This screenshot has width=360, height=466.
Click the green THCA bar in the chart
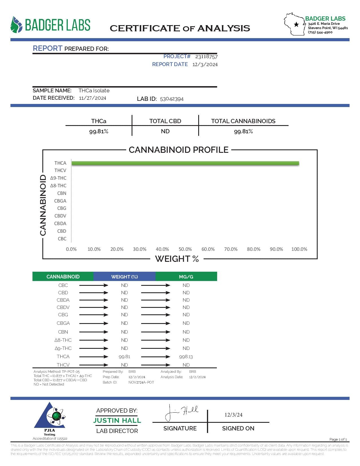click(x=185, y=163)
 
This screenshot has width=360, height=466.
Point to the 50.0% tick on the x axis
click(x=185, y=249)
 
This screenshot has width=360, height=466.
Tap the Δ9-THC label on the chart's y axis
click(x=58, y=178)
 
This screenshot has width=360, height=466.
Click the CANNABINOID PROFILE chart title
click(x=178, y=150)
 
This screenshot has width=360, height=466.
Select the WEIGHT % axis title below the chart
click(x=177, y=259)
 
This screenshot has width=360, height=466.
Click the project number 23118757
click(x=206, y=56)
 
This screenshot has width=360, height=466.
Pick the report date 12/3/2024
click(x=205, y=64)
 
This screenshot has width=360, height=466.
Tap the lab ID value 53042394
click(x=172, y=99)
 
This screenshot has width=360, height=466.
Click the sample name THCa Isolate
click(x=94, y=91)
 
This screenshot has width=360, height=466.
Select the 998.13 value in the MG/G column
click(x=186, y=357)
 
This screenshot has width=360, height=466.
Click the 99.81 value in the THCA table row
click(x=125, y=357)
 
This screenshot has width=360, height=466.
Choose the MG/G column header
click(x=186, y=277)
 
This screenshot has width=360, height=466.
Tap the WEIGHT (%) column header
click(x=125, y=277)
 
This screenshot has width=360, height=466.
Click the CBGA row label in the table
click(x=63, y=323)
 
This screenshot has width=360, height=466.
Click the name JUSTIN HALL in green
click(x=117, y=421)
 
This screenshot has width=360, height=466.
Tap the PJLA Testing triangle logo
click(x=50, y=417)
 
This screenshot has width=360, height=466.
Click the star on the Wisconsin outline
click(x=296, y=25)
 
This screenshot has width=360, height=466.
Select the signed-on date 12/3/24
click(x=234, y=415)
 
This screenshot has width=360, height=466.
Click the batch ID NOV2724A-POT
click(x=141, y=382)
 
